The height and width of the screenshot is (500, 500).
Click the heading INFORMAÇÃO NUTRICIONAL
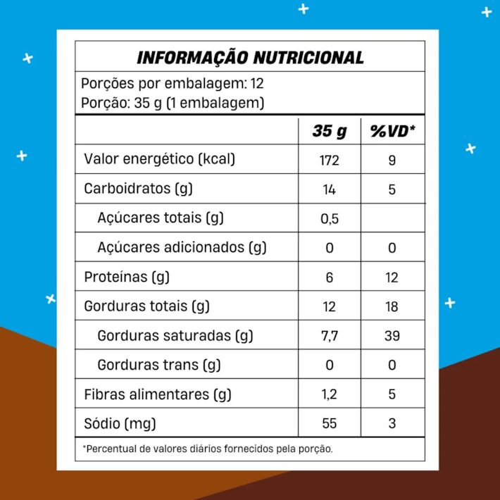pyautogui.click(x=250, y=57)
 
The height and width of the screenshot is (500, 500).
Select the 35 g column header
pyautogui.click(x=330, y=131)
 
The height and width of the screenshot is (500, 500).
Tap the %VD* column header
pyautogui.click(x=392, y=131)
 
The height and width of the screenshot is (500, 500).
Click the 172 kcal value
pyautogui.click(x=329, y=160)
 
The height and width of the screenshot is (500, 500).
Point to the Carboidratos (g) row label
pyautogui.click(x=138, y=189)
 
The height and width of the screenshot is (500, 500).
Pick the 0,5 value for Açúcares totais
pyautogui.click(x=329, y=218)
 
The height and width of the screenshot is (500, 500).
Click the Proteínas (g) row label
pyautogui.click(x=127, y=277)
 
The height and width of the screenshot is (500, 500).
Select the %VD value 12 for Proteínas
pyautogui.click(x=392, y=277)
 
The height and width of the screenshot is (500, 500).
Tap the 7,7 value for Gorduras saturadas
pyautogui.click(x=329, y=336)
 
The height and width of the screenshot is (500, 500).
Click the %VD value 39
pyautogui.click(x=392, y=336)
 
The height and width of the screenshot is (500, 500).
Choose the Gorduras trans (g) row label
pyautogui.click(x=159, y=365)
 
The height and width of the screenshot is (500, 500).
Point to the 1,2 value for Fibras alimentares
pyautogui.click(x=329, y=394)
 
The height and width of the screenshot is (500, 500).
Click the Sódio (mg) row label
pyautogui.click(x=120, y=423)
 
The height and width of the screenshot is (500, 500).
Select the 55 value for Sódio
pyautogui.click(x=329, y=423)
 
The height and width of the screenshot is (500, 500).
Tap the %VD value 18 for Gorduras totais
pyautogui.click(x=392, y=306)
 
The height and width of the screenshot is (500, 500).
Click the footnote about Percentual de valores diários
pyautogui.click(x=208, y=449)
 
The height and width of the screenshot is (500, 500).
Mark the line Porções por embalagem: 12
pyautogui.click(x=173, y=84)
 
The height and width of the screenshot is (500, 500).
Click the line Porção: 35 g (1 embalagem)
pyautogui.click(x=173, y=103)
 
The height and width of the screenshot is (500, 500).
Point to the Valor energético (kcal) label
pyautogui.click(x=159, y=159)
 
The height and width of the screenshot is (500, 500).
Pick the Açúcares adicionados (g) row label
pyautogui.click(x=182, y=247)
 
